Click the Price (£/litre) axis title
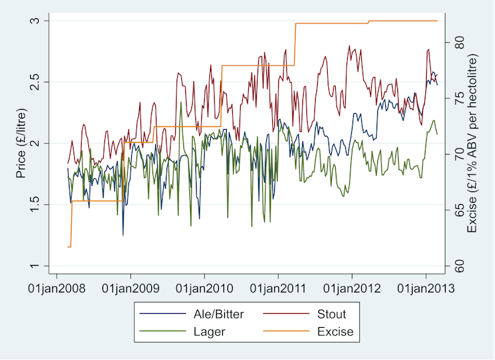[x=21, y=144]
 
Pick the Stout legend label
[x=331, y=314]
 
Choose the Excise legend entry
[x=334, y=331]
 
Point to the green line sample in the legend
[x=161, y=331]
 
